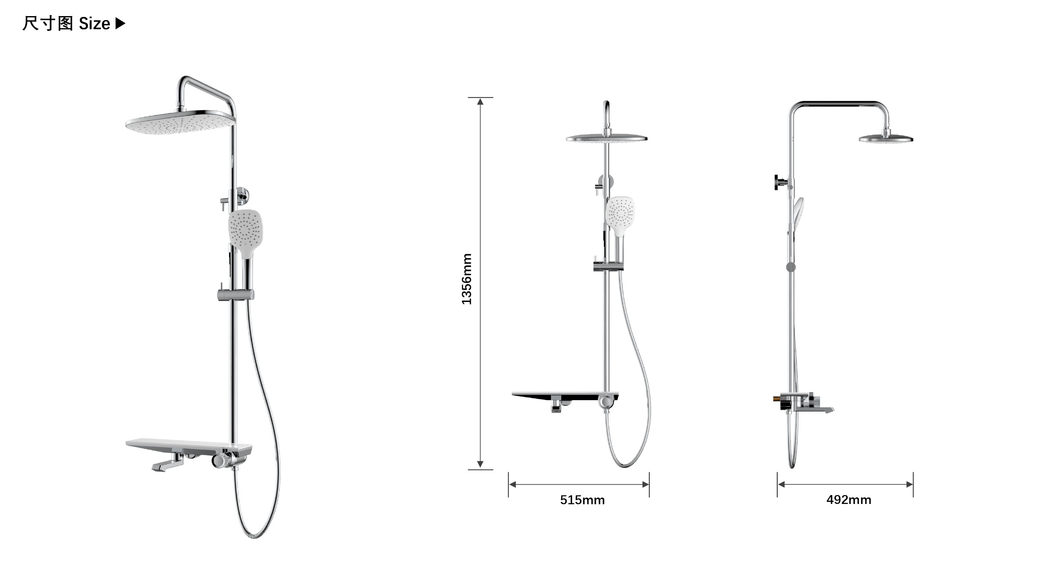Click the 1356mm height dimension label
(x=467, y=279)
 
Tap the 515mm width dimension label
(x=582, y=500)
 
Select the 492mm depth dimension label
(x=848, y=500)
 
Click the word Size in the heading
(x=94, y=24)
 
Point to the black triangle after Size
(x=121, y=24)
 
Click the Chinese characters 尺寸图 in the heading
(x=47, y=24)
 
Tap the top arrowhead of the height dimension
(x=480, y=101)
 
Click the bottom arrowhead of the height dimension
(x=480, y=464)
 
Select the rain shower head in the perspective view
(x=180, y=122)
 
